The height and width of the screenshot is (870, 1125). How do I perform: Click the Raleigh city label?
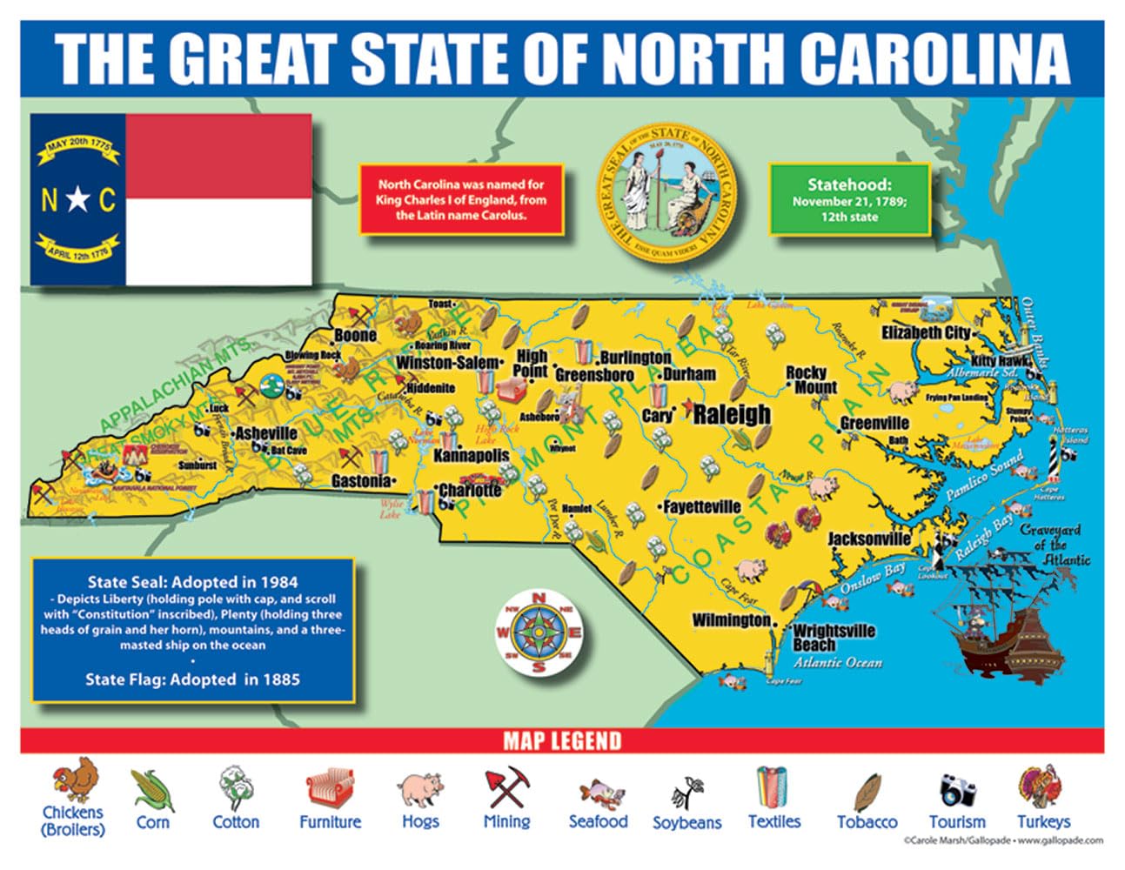(x=732, y=414)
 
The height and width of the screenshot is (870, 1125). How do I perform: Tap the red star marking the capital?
(x=686, y=407)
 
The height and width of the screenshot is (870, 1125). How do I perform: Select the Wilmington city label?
(x=731, y=620)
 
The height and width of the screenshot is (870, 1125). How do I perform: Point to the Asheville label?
(x=266, y=433)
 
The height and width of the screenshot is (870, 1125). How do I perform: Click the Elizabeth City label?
(x=925, y=332)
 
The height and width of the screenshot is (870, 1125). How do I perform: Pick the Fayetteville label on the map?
(x=701, y=506)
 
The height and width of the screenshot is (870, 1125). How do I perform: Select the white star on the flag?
(x=77, y=201)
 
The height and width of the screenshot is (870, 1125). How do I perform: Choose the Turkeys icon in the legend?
(x=1041, y=786)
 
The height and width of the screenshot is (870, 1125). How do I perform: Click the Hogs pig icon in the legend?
(x=421, y=790)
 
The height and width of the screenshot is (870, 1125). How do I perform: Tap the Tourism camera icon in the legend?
(x=957, y=789)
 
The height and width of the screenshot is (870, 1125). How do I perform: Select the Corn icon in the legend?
(x=153, y=790)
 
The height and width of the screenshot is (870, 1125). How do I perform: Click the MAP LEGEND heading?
(x=562, y=741)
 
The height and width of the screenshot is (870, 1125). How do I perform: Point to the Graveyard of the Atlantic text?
(x=1050, y=545)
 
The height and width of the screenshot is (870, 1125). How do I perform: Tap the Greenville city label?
(x=874, y=424)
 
